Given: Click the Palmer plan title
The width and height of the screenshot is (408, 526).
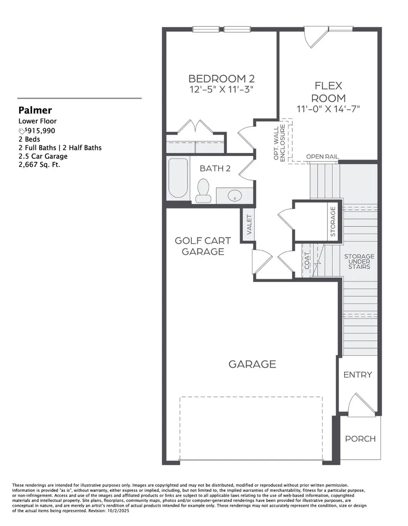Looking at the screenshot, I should coord(35,110).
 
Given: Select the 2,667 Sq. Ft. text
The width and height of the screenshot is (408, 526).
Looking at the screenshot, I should coord(39,165).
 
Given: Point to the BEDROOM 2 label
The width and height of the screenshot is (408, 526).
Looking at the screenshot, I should coord(220,78).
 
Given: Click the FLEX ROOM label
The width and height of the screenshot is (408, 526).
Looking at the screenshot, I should coord(329,92).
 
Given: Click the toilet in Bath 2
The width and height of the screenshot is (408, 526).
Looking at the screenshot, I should coord(203,191).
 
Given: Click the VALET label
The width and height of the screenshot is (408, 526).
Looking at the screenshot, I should coord(249,225).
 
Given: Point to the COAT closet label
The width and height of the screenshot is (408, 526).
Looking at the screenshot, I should coord(307,261).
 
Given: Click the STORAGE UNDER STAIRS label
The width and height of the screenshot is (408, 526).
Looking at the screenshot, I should coord(359,261).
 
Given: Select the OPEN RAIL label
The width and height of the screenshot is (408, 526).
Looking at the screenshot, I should coord(322,157).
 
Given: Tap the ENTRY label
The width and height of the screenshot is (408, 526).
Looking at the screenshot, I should coord(358,374).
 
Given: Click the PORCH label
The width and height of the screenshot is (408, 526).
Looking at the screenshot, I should coord(360,439).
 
